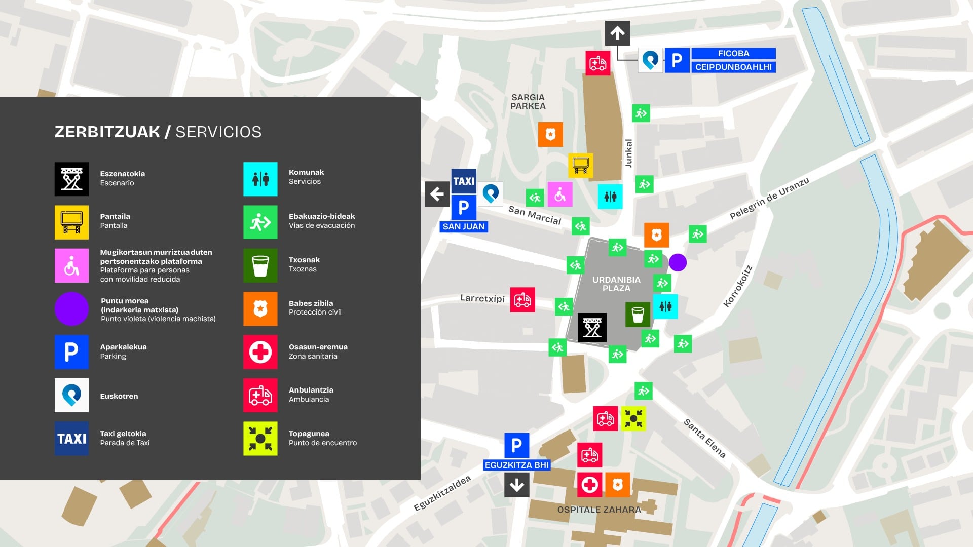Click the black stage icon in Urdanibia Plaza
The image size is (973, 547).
tap(592, 328)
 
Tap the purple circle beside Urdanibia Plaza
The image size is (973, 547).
tap(678, 262)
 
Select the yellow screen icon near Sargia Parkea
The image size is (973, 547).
tap(580, 165)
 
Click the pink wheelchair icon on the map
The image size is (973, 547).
tap(559, 194)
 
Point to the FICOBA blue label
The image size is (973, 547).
tap(733, 54)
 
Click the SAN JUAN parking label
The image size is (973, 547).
tap(464, 227)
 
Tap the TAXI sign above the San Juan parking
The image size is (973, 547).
tap(464, 181)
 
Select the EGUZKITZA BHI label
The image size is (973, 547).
tap(516, 465)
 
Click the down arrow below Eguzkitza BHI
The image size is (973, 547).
tap(516, 485)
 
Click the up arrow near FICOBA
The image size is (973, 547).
tap(617, 33)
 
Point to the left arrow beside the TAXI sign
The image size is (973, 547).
tap(437, 194)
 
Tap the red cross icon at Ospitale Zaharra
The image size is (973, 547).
tap(589, 485)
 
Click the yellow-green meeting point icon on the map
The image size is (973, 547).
tap(633, 419)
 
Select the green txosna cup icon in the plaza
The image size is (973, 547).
tap(638, 315)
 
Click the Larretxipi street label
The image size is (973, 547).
tap(482, 298)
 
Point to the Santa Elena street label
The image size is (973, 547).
tap(704, 438)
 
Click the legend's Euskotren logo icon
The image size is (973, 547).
tap(71, 395)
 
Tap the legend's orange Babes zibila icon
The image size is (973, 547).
tap(260, 308)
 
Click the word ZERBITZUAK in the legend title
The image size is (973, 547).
tap(107, 132)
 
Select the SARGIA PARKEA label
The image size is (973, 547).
tap(528, 102)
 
